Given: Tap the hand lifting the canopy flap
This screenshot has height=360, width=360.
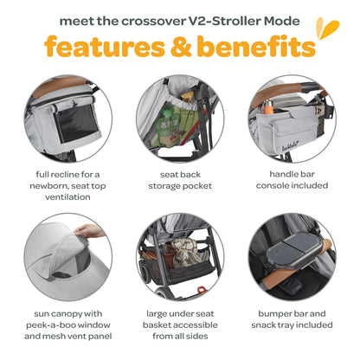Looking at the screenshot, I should [x=85, y=230].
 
